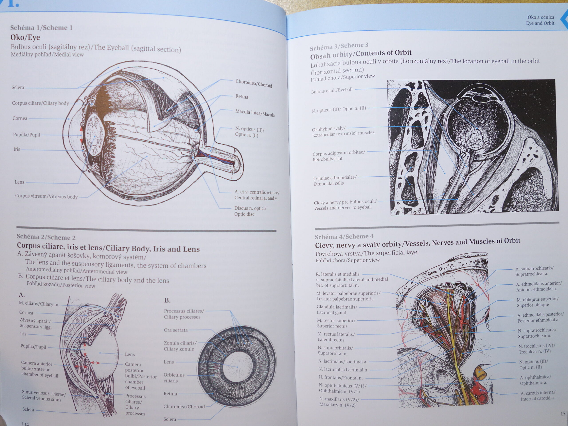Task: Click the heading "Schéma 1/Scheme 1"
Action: (41, 28)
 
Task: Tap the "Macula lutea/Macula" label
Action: (255, 113)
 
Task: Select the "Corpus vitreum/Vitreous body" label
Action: (46, 196)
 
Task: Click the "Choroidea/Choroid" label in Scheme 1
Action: (253, 83)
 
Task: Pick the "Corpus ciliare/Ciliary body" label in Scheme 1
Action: (40, 103)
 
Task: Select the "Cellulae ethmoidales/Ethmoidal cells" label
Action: (335, 180)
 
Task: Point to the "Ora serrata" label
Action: (176, 330)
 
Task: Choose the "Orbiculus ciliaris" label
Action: (174, 378)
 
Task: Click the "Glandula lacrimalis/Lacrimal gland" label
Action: (337, 310)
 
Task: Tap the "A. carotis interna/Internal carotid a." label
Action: (538, 396)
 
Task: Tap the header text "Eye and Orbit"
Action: (540, 23)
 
